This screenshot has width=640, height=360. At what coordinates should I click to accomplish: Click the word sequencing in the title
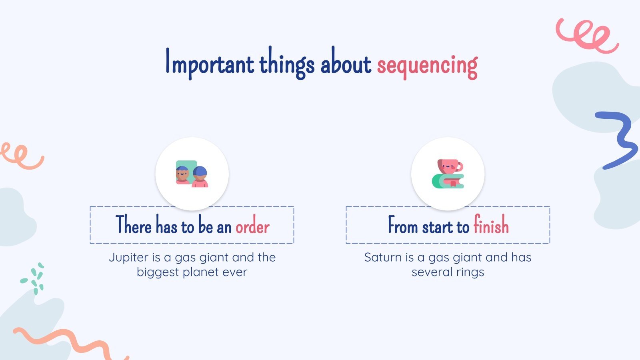pos(427,65)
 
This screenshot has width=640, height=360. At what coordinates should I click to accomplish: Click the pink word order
pos(252,227)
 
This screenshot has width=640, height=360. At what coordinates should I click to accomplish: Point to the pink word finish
pos(491,225)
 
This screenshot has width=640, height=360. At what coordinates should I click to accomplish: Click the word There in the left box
pos(134,225)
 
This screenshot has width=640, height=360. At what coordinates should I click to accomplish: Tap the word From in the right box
pos(403,226)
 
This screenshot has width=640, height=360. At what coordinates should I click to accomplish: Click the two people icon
pos(192,174)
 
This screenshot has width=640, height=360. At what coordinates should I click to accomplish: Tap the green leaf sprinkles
pos(34,278)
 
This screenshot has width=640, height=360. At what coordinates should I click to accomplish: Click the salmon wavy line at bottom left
pos(68,342)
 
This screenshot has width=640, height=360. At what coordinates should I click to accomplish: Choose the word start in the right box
pos(438,227)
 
